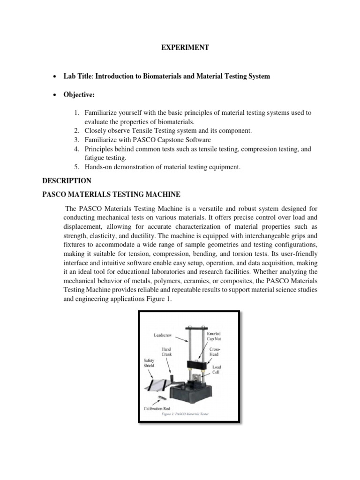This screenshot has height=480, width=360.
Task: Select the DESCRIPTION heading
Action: tap(67, 180)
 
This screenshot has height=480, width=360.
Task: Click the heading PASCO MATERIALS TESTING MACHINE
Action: tap(111, 194)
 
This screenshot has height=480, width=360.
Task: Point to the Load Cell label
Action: tap(217, 370)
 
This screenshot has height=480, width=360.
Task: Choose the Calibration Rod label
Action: tap(160, 409)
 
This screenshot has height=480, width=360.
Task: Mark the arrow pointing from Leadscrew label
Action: tap(181, 336)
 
